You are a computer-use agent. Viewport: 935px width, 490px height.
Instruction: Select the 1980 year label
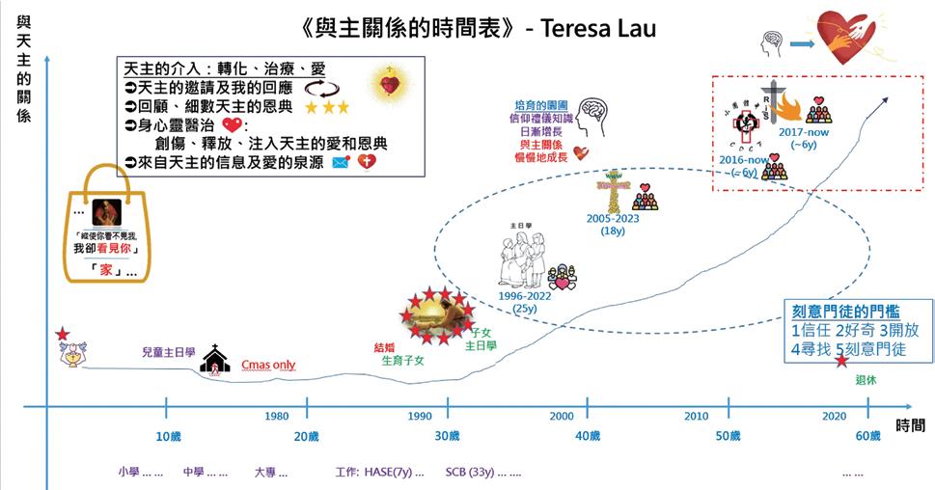pyautogui.click(x=276, y=416)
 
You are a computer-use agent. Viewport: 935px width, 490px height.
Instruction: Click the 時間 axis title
pyautogui.click(x=911, y=425)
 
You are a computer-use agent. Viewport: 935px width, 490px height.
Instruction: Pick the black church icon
pyautogui.click(x=214, y=362)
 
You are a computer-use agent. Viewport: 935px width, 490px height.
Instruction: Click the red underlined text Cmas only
pyautogui.click(x=268, y=366)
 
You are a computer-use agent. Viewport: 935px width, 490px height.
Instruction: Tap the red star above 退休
pyautogui.click(x=841, y=362)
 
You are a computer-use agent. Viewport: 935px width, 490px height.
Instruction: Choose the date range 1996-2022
pyautogui.click(x=525, y=297)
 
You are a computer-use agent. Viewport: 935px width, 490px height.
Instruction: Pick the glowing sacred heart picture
pyautogui.click(x=390, y=85)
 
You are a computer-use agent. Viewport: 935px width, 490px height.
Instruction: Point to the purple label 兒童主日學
pyautogui.click(x=168, y=353)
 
